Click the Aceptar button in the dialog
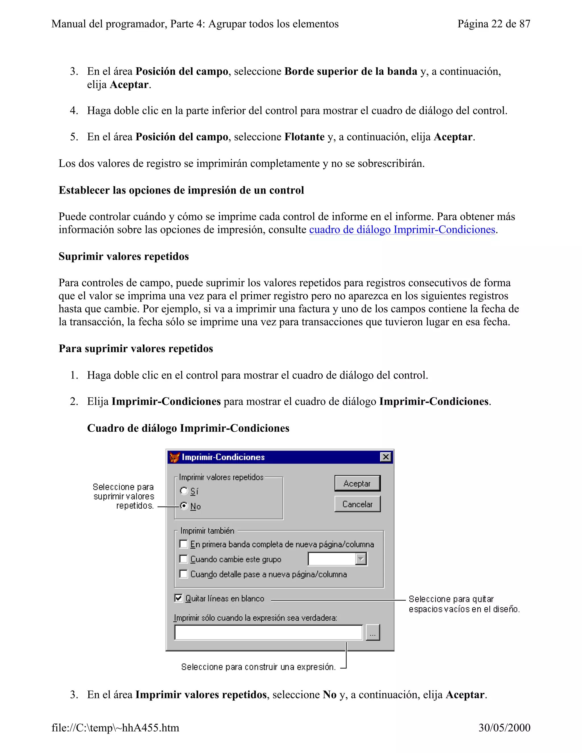point(357,483)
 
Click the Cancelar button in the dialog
point(357,504)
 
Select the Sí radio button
point(184,491)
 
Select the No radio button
point(184,506)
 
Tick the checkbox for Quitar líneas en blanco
point(178,598)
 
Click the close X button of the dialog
point(385,457)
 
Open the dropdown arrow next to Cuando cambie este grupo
point(361,559)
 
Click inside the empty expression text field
point(268,632)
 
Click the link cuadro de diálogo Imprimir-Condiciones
point(402,230)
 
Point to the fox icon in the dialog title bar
point(175,457)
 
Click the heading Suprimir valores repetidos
point(123,257)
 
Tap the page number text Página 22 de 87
point(493,24)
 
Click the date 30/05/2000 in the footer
point(504,727)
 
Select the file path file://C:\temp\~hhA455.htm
point(115,727)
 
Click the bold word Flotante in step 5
point(304,137)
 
